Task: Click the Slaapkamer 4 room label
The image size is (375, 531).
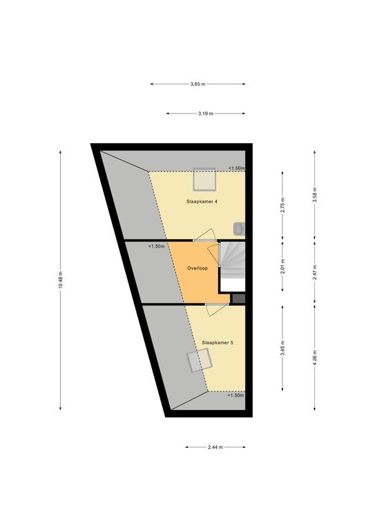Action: point(202,201)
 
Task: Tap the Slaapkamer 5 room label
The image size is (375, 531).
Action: point(218,342)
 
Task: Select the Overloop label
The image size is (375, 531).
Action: point(198,268)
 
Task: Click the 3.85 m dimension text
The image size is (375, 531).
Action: point(198,84)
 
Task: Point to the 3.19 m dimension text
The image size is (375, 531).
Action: point(206,114)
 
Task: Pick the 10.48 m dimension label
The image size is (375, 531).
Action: point(61,281)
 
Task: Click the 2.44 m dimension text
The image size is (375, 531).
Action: point(215,447)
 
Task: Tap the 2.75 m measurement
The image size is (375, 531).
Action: point(282,205)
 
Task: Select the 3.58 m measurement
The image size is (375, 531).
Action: point(315,195)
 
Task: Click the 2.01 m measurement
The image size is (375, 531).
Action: point(282,266)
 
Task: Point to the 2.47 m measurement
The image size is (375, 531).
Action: point(315,272)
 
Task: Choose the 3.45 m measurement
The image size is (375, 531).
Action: point(282,348)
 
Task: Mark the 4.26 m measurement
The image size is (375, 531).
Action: point(315,357)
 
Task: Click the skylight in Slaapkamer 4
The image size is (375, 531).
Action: point(204,179)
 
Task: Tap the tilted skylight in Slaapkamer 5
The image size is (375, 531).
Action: point(200,361)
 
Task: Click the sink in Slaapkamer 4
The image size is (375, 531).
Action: point(239,229)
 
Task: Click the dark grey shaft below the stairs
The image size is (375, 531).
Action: point(239,299)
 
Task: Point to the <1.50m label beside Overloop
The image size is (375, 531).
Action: point(156,246)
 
